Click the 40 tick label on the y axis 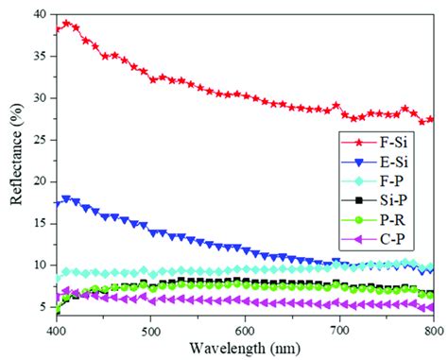(40, 15)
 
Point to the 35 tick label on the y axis (40, 57)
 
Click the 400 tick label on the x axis (57, 333)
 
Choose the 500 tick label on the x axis (150, 333)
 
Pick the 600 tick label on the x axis (245, 333)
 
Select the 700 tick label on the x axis (338, 333)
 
